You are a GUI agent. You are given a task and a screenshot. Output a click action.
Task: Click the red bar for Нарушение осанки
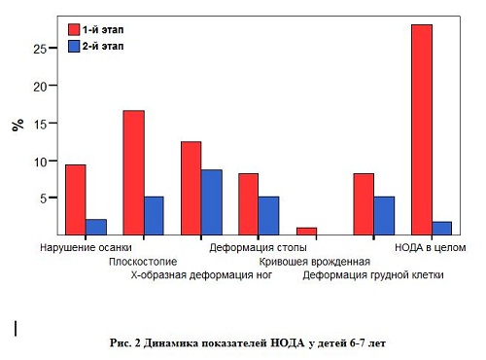pyautogui.click(x=75, y=199)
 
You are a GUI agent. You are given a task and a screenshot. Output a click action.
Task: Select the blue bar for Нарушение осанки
pyautogui.click(x=96, y=227)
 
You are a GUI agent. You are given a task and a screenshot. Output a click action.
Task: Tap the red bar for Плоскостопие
pyautogui.click(x=133, y=172)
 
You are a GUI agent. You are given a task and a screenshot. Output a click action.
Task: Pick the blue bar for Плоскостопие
pyautogui.click(x=154, y=216)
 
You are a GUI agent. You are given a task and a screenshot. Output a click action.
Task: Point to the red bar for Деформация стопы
pyautogui.click(x=249, y=204)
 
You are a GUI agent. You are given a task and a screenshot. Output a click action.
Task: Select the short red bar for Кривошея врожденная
pyautogui.click(x=306, y=232)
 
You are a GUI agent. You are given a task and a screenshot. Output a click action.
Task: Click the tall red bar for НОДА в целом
pyautogui.click(x=422, y=129)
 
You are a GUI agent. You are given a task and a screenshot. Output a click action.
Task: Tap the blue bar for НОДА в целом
pyautogui.click(x=442, y=229)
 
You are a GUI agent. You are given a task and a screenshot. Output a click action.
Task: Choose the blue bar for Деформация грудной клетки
pyautogui.click(x=385, y=216)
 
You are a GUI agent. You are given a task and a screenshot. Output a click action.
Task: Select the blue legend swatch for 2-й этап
pyautogui.click(x=73, y=46)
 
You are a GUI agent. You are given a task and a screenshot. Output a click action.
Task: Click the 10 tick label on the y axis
pyautogui.click(x=41, y=161)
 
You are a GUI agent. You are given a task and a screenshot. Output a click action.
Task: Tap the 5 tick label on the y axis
pyautogui.click(x=44, y=198)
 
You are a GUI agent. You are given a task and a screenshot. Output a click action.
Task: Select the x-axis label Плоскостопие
pyautogui.click(x=142, y=262)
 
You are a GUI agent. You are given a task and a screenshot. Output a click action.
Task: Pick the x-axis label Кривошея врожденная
pyautogui.click(x=314, y=262)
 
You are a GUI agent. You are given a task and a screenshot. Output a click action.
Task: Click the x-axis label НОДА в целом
pyautogui.click(x=431, y=248)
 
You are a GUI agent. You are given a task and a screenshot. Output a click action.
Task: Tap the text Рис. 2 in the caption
pyautogui.click(x=125, y=344)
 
